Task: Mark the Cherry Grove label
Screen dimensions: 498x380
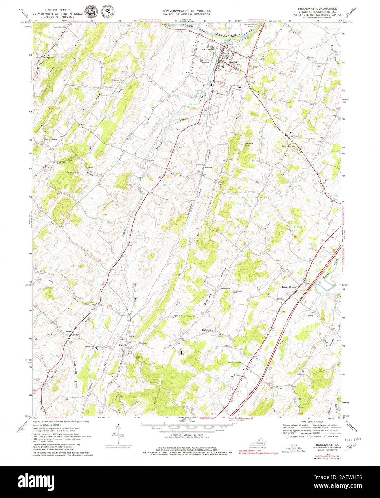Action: pos(50,139)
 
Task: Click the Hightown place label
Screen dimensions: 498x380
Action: pos(207,330)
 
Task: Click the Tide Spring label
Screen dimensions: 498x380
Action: pos(73,173)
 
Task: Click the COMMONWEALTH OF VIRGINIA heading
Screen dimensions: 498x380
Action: pos(186,11)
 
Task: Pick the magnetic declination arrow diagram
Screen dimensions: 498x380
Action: pos(117,431)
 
